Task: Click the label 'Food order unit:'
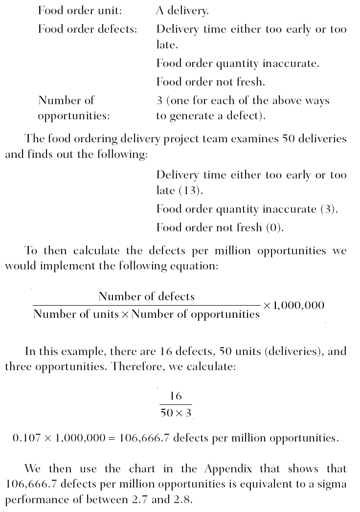[x=80, y=10]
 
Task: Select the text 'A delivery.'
[x=183, y=10]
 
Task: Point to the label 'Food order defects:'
[x=88, y=29]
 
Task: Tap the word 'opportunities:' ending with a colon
[x=74, y=117]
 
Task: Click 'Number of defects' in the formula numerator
[x=146, y=296]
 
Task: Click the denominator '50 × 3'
[x=176, y=413]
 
